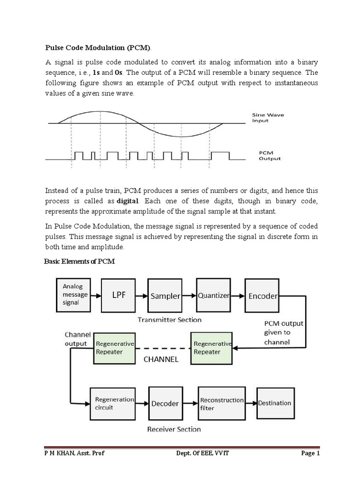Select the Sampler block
click(165, 296)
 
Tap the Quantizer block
click(213, 295)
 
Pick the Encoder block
click(263, 295)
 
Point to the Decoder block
click(165, 404)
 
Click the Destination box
click(274, 403)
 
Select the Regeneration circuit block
click(115, 403)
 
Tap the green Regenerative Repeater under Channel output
click(115, 348)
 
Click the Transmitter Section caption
click(169, 320)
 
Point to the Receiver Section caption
click(174, 429)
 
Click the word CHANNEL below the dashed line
click(161, 359)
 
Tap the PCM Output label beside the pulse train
click(270, 156)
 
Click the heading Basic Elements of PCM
click(80, 261)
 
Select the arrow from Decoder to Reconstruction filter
click(189, 404)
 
